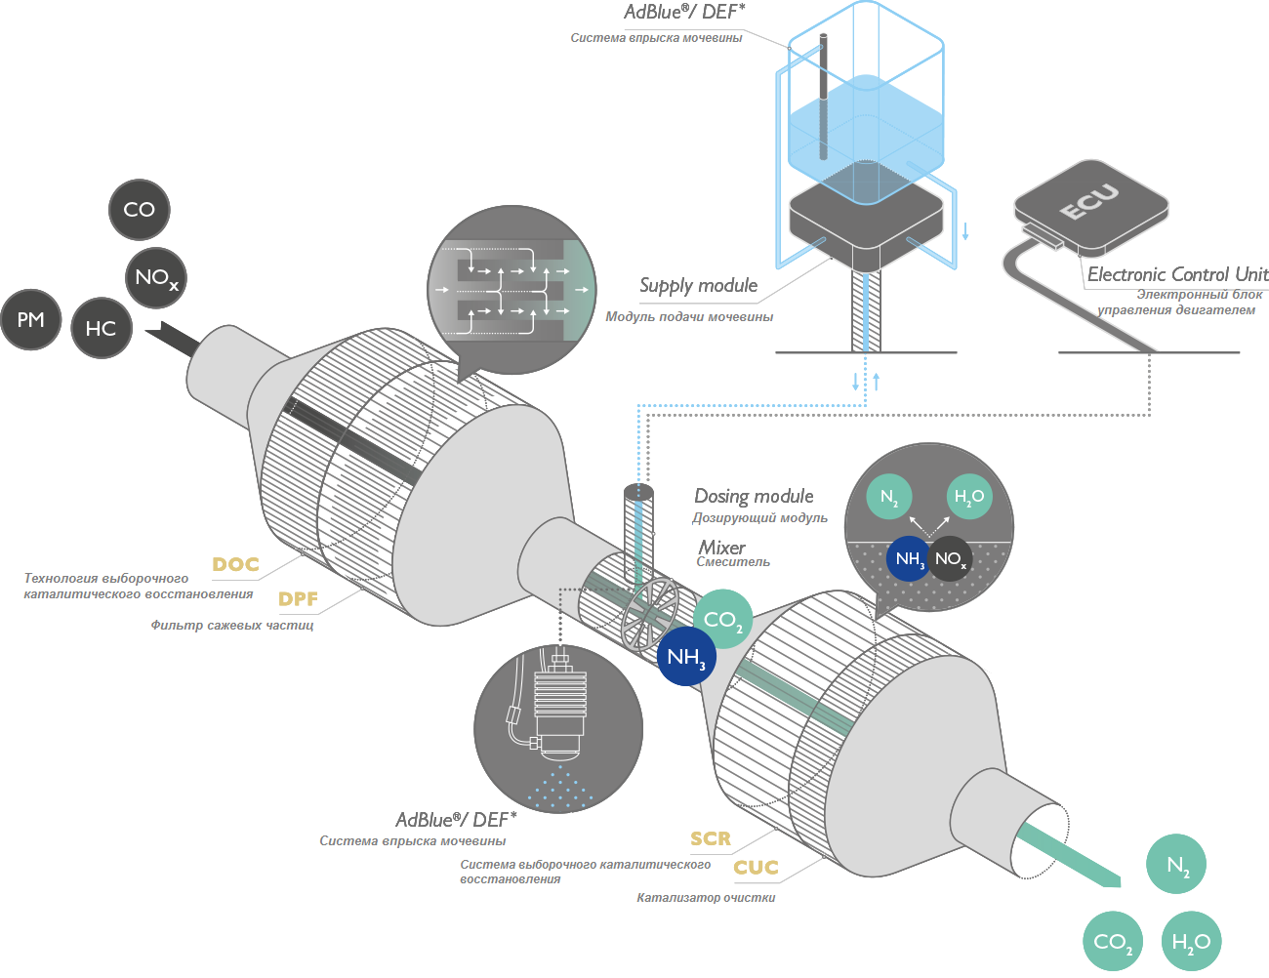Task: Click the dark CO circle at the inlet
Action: click(140, 210)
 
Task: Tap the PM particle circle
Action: click(31, 320)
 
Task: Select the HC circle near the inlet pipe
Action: click(102, 328)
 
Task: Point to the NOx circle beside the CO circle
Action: click(156, 278)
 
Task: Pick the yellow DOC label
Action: click(235, 564)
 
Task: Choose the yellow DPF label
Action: click(298, 599)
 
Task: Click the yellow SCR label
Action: click(711, 838)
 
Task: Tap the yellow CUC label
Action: click(757, 868)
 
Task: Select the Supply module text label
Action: click(699, 286)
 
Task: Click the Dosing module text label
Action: click(754, 497)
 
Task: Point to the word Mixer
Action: click(722, 548)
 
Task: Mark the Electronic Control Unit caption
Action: click(1177, 275)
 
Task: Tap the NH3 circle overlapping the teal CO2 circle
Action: click(686, 657)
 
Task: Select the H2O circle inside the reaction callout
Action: click(968, 497)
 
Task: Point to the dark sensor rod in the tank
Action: click(823, 98)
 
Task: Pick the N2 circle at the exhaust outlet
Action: click(1176, 865)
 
